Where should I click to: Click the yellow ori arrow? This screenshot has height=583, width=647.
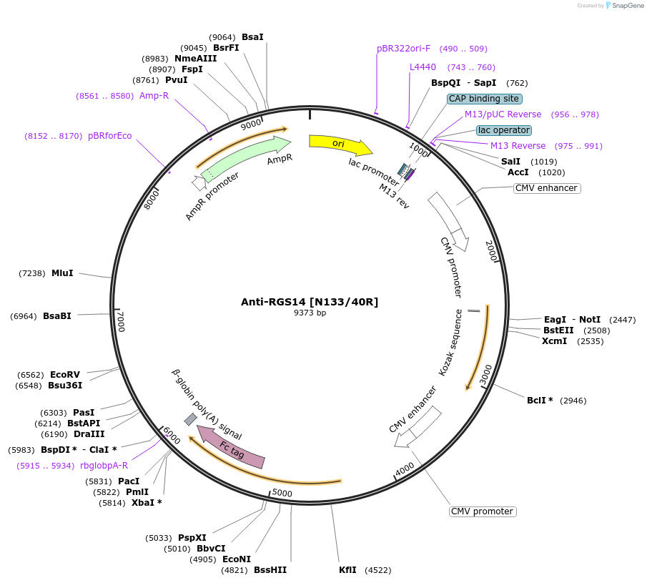pyautogui.click(x=339, y=144)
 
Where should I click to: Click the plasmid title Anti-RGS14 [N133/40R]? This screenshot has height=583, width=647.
pyautogui.click(x=310, y=302)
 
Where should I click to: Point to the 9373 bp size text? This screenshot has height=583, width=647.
pyautogui.click(x=310, y=313)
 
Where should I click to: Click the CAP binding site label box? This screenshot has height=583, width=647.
pyautogui.click(x=485, y=99)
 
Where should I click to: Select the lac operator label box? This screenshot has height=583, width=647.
pyautogui.click(x=504, y=130)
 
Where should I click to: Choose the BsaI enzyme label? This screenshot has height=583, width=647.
pyautogui.click(x=252, y=36)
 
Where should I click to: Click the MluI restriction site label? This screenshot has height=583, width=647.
pyautogui.click(x=62, y=273)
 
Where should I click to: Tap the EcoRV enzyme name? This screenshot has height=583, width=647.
pyautogui.click(x=64, y=374)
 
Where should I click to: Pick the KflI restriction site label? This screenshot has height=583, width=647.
pyautogui.click(x=349, y=570)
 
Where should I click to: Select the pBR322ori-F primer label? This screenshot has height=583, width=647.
pyautogui.click(x=403, y=49)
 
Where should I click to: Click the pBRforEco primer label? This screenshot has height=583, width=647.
pyautogui.click(x=109, y=135)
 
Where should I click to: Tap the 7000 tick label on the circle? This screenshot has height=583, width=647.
pyautogui.click(x=121, y=321)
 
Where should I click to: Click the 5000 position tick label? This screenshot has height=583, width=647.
pyautogui.click(x=282, y=493)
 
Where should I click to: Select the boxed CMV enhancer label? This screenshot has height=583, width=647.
pyautogui.click(x=546, y=188)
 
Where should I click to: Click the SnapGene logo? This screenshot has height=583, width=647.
pyautogui.click(x=624, y=6)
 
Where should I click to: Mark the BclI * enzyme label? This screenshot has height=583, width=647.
pyautogui.click(x=540, y=401)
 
